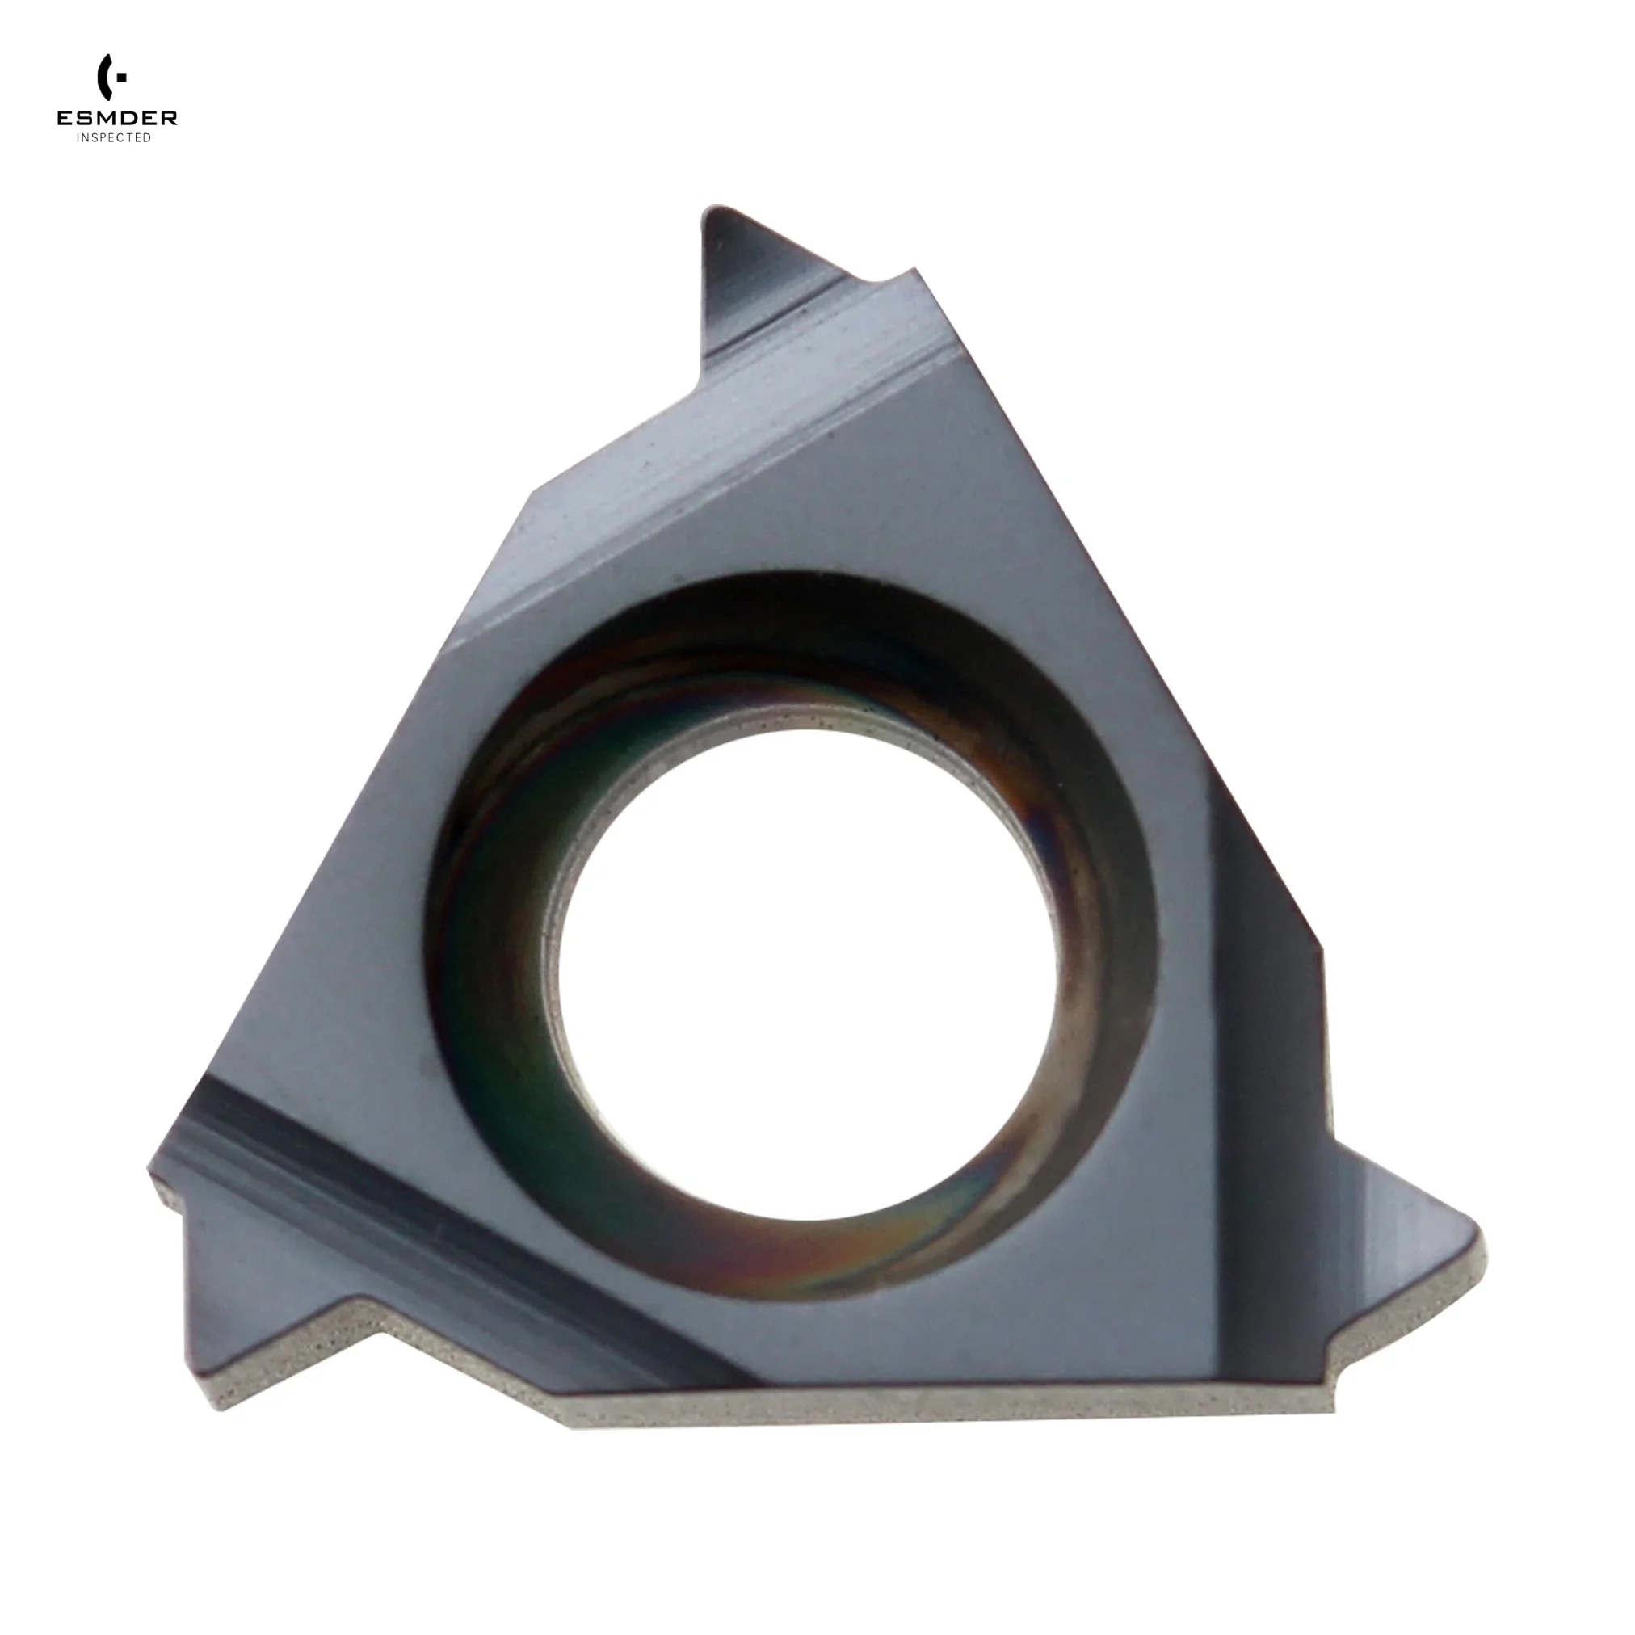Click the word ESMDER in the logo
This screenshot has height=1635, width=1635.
(x=117, y=119)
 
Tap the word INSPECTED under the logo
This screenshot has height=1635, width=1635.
(x=114, y=138)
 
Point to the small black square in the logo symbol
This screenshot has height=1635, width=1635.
(x=123, y=77)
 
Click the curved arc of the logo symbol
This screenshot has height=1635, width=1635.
(x=104, y=77)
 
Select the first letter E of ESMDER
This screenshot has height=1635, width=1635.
(x=65, y=119)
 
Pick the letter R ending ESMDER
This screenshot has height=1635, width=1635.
(x=170, y=119)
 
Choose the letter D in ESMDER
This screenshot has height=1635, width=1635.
(x=128, y=119)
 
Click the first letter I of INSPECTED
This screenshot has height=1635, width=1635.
(x=78, y=138)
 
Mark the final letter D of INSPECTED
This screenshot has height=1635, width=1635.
(x=148, y=138)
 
